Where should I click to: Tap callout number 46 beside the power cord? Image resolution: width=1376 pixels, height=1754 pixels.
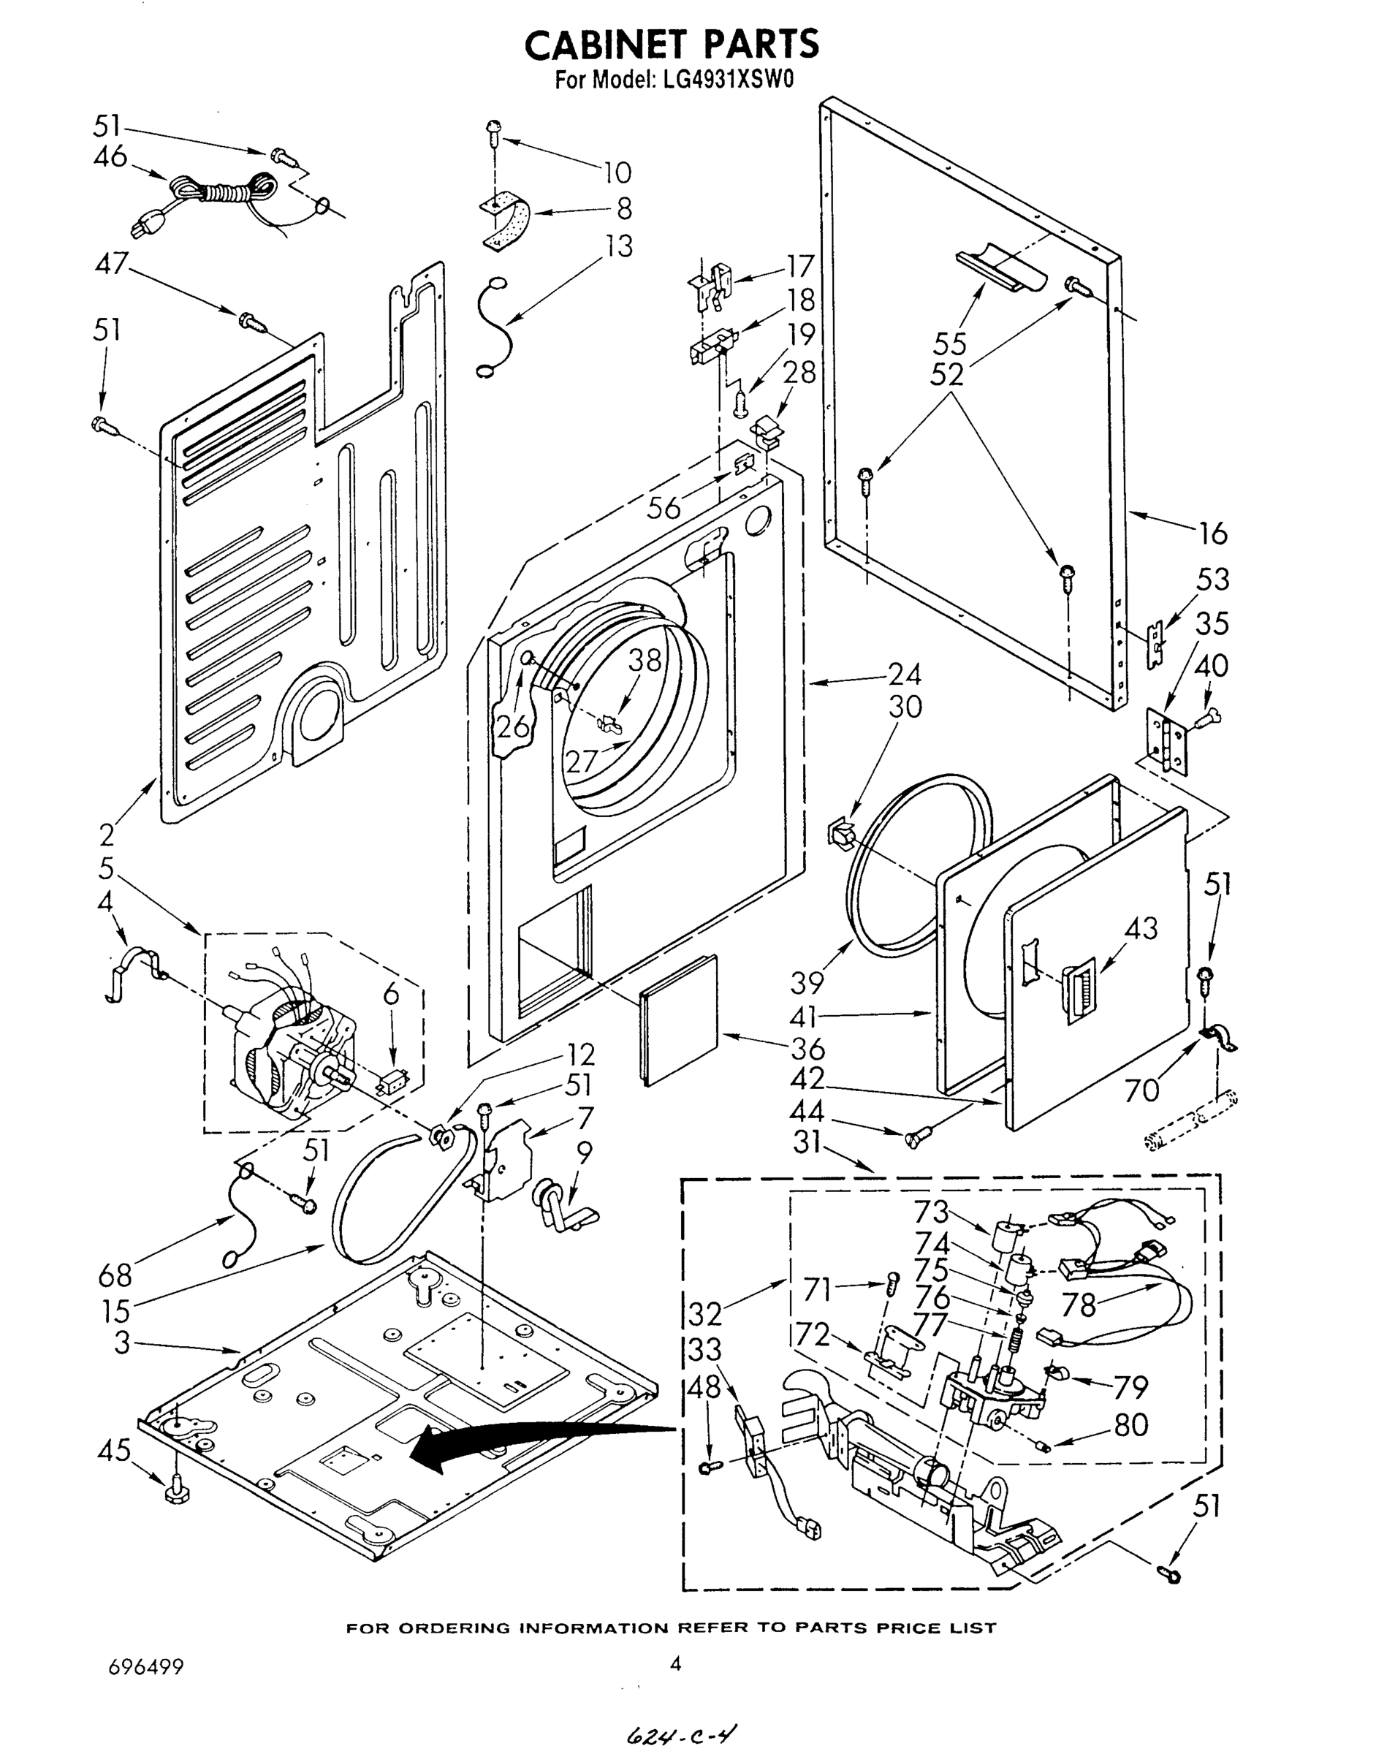[x=110, y=156]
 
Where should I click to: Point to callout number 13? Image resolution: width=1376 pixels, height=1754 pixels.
[x=619, y=246]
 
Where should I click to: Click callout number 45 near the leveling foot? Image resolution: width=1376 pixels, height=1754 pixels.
[x=113, y=1450]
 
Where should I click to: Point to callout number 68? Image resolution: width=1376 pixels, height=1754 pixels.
[x=115, y=1275]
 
